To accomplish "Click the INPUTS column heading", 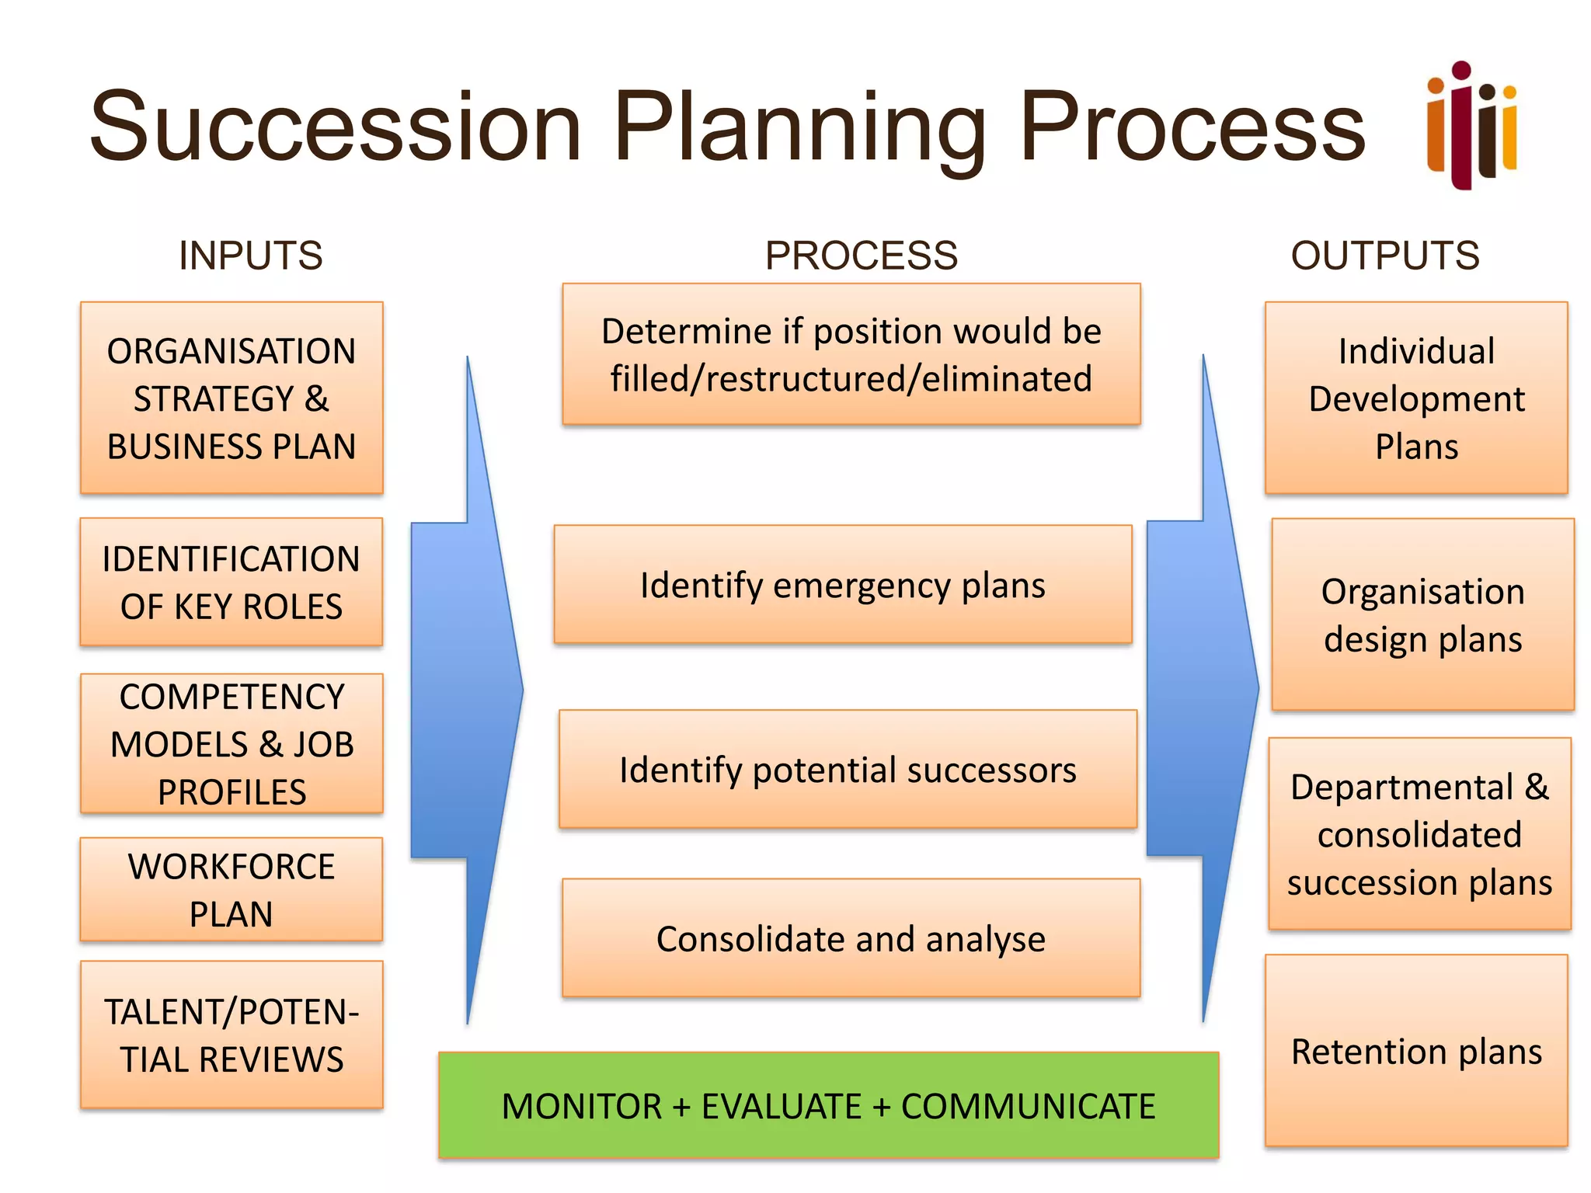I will tap(250, 256).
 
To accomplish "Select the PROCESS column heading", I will tap(861, 256).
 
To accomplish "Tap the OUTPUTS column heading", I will tap(1385, 256).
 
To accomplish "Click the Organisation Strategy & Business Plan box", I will tap(232, 398).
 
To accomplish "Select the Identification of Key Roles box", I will tap(232, 582).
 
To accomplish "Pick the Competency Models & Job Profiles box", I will tap(232, 743).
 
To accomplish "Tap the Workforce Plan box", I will tap(232, 889).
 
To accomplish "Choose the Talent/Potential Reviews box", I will tap(232, 1035).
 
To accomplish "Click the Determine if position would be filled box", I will tap(851, 354).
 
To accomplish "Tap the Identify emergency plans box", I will tap(843, 584).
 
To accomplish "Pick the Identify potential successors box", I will tap(848, 769).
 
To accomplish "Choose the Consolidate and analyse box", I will tap(851, 938).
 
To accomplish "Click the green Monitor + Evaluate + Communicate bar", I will tap(828, 1105).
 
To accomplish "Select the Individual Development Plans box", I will tap(1416, 398).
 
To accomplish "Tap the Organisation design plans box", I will tap(1422, 614).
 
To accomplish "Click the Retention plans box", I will tap(1416, 1051).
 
